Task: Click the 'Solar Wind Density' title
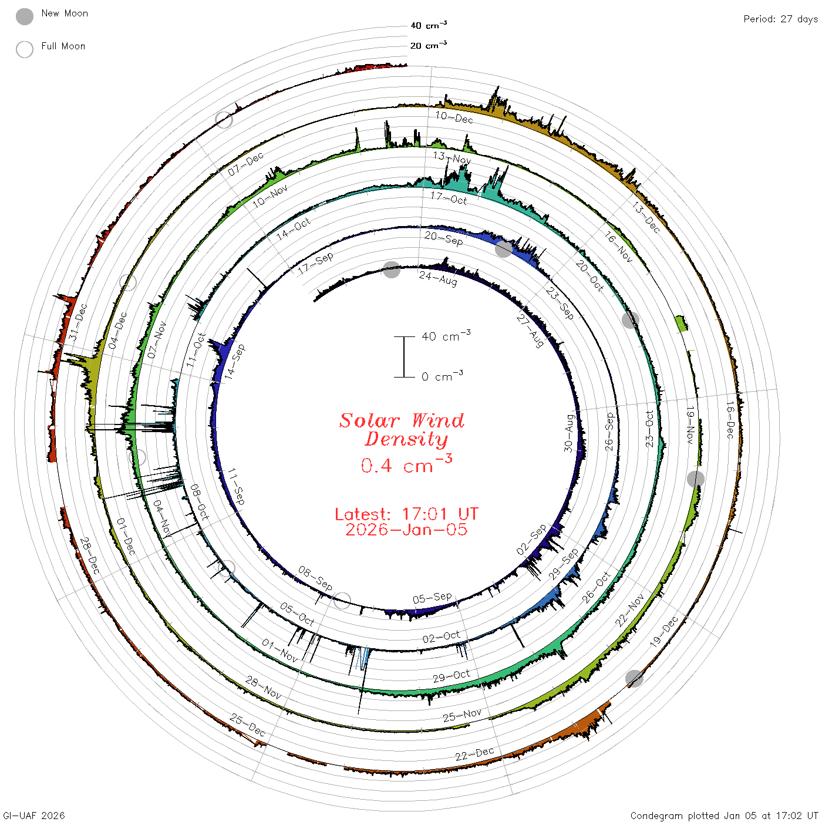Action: pyautogui.click(x=402, y=430)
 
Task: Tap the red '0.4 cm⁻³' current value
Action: pyautogui.click(x=406, y=464)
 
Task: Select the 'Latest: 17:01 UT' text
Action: pyautogui.click(x=406, y=514)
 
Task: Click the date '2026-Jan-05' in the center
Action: pyautogui.click(x=406, y=530)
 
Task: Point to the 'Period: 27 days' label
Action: pyautogui.click(x=781, y=19)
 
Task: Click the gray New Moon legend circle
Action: pyautogui.click(x=25, y=16)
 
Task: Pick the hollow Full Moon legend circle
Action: pyautogui.click(x=25, y=49)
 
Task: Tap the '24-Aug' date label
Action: pyautogui.click(x=437, y=278)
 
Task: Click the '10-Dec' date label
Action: pyautogui.click(x=454, y=117)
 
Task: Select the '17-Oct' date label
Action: pyautogui.click(x=449, y=198)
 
